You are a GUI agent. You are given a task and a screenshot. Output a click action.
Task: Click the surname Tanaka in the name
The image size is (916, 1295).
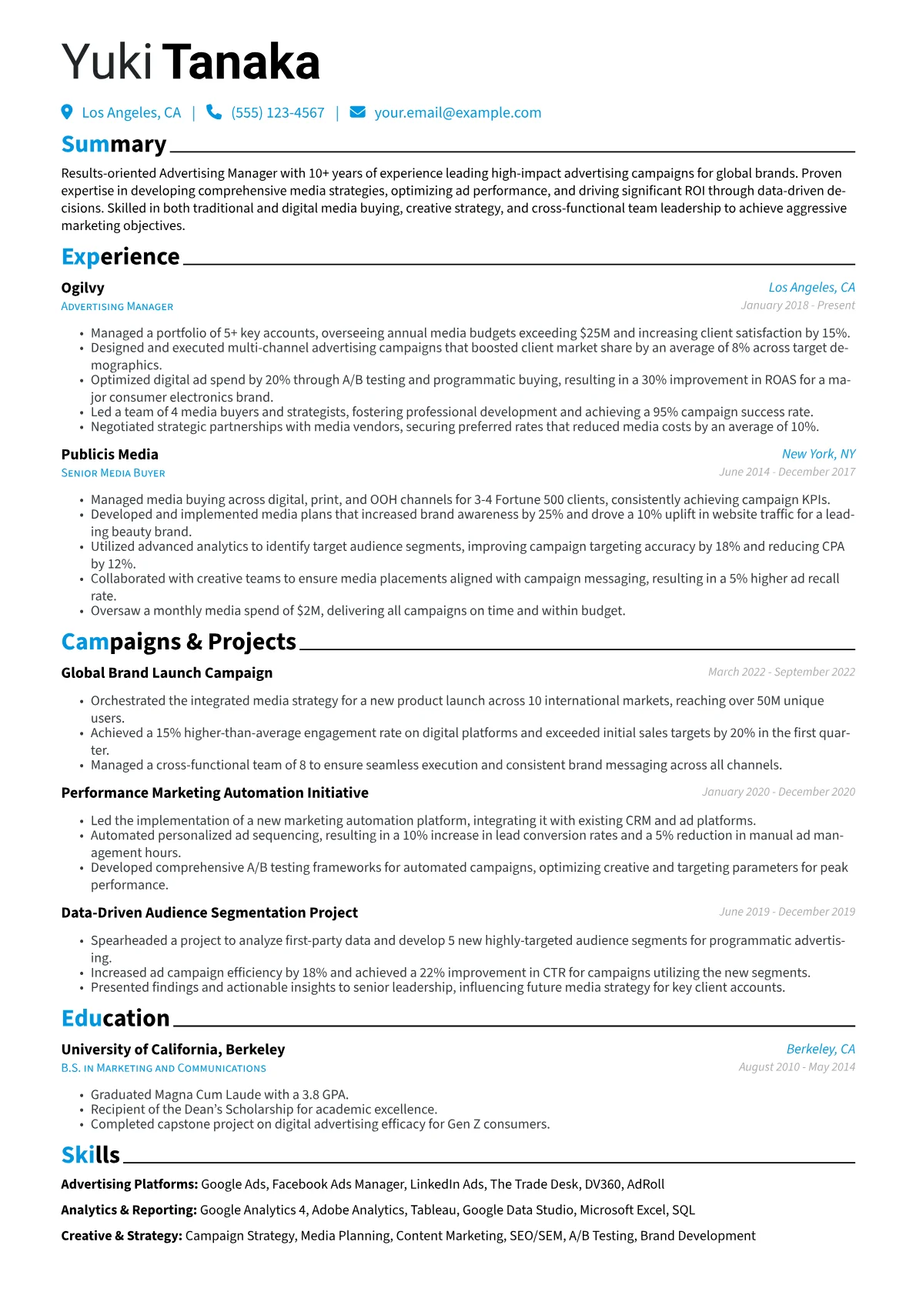click(241, 62)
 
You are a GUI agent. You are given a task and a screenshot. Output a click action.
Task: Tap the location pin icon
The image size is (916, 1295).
click(67, 112)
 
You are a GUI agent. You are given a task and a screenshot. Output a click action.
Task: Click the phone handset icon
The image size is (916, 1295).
click(214, 112)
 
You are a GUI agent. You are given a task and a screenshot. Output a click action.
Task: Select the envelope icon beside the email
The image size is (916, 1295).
click(357, 112)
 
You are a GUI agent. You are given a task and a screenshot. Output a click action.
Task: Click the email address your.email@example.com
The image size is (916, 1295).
click(457, 113)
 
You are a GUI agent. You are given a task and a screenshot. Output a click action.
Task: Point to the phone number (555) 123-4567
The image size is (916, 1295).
click(278, 113)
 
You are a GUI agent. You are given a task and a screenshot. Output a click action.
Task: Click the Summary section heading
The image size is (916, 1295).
click(114, 145)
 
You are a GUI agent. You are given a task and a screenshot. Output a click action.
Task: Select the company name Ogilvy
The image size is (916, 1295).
click(82, 288)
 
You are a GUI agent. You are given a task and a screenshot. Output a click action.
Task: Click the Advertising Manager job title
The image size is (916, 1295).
click(117, 306)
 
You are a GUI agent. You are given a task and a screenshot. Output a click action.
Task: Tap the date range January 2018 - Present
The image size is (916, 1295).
click(797, 305)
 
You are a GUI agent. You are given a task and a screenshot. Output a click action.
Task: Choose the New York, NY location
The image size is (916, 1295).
click(818, 454)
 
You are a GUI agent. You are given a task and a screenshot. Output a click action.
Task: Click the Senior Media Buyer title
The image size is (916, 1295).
click(113, 473)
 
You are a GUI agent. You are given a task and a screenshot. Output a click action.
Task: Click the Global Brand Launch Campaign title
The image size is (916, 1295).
click(166, 673)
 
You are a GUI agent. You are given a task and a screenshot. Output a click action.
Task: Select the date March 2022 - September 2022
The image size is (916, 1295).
click(781, 672)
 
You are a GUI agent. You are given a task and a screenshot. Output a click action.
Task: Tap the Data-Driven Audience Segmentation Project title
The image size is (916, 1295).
click(209, 913)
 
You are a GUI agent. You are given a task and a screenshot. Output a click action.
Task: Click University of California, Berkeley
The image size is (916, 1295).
click(173, 1050)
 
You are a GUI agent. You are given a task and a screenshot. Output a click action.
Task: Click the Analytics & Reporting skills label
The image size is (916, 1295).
click(129, 1210)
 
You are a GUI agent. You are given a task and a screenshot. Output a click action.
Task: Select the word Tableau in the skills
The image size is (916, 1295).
click(433, 1210)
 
